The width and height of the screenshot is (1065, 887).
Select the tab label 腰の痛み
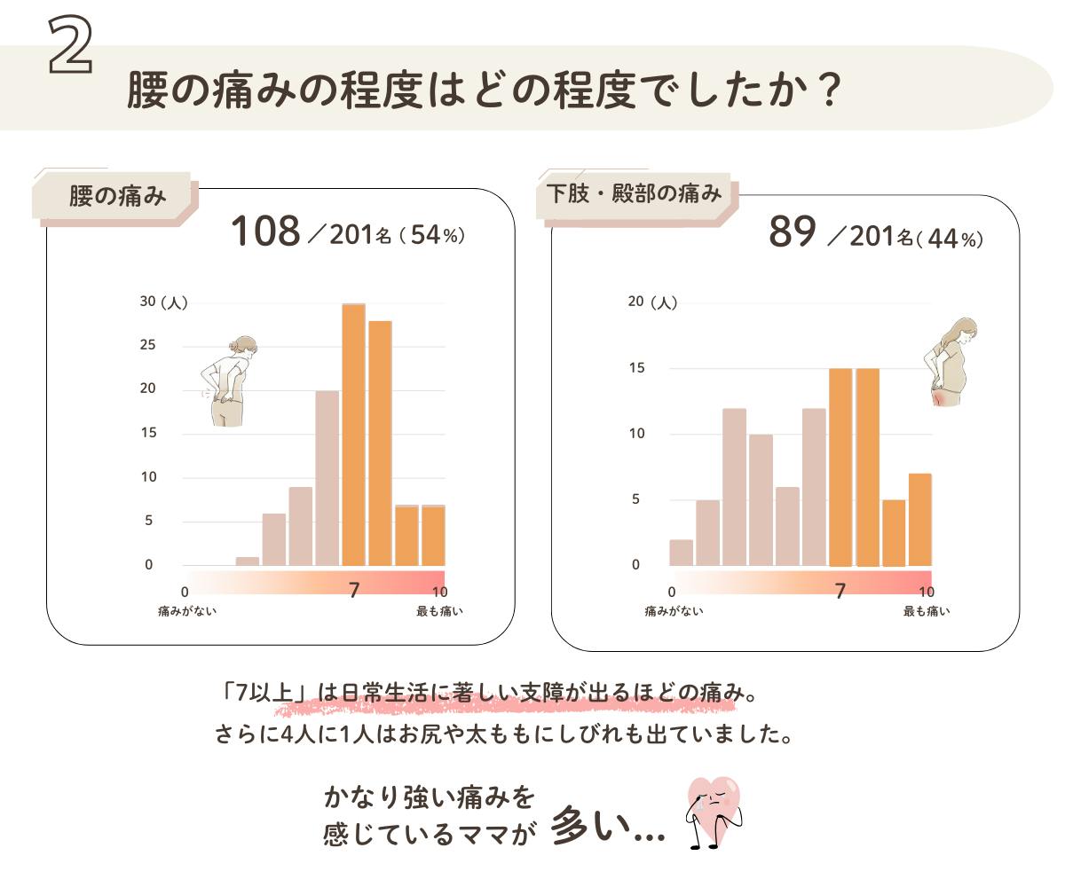[117, 196]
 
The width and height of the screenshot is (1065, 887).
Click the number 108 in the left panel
[265, 232]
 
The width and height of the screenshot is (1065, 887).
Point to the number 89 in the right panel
[792, 232]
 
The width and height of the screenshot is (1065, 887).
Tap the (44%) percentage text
[951, 239]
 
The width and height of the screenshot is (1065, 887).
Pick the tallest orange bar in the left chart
[353, 435]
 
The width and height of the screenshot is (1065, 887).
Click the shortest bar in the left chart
[247, 561]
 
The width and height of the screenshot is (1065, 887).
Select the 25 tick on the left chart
[146, 345]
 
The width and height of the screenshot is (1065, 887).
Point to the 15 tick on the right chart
[635, 367]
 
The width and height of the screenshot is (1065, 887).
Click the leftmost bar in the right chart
[681, 552]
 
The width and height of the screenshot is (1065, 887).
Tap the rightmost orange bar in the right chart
[920, 520]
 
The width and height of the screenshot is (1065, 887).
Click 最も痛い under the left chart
[439, 611]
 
